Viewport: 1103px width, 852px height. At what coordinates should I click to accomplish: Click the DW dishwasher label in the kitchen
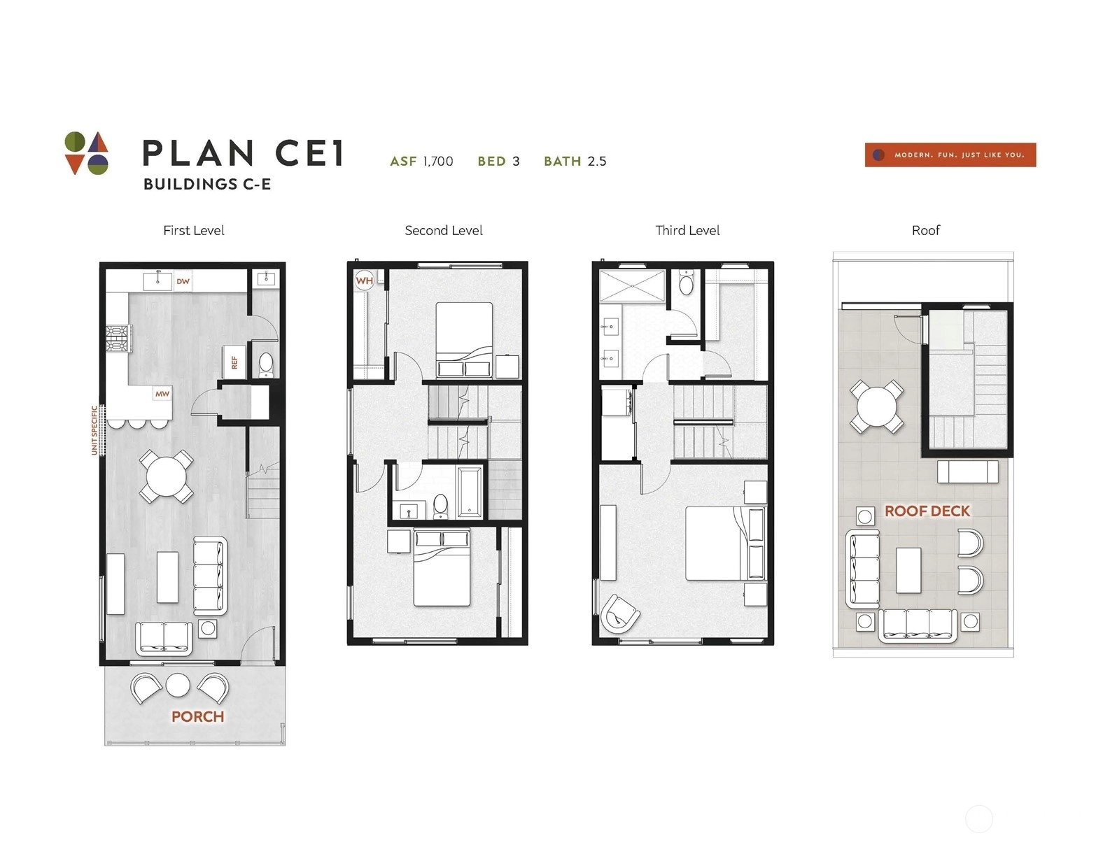coord(183,281)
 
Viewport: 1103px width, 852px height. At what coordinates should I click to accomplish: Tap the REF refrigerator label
coord(234,362)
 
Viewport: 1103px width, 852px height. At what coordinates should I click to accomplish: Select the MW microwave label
coord(162,394)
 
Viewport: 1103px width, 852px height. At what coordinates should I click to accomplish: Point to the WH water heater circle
coord(365,281)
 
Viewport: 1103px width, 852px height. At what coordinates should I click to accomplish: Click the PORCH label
coord(197,716)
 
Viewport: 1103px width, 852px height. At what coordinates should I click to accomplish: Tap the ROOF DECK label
coord(927,511)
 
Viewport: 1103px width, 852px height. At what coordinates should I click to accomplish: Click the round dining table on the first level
coord(167,477)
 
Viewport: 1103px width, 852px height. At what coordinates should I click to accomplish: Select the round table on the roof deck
coord(877,406)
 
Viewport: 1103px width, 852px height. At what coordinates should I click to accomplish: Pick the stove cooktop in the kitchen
coord(118,339)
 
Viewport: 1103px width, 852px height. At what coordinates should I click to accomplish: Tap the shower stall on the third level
coord(632,287)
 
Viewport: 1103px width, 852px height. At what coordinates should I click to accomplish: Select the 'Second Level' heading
coord(444,231)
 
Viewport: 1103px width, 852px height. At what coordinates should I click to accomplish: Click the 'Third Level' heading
coord(687,231)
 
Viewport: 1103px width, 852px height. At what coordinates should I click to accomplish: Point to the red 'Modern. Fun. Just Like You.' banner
coord(950,155)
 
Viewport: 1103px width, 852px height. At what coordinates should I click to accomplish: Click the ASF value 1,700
coord(438,162)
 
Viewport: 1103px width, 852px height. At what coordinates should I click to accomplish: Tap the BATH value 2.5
coord(597,162)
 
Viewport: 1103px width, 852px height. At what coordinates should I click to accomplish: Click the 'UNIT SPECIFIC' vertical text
coord(94,430)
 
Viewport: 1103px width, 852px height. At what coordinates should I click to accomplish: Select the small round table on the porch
coord(178,685)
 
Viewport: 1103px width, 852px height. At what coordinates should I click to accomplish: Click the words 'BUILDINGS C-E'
coord(207,184)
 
